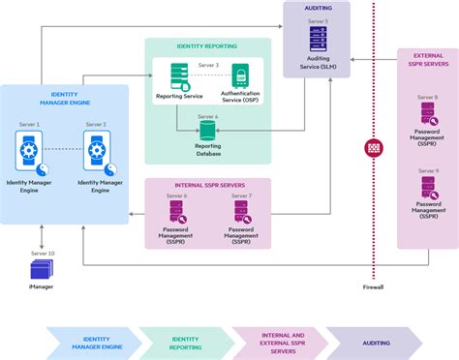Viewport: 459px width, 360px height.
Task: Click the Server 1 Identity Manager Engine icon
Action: [x=30, y=151]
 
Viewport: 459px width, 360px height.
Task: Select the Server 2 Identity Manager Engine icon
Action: [x=96, y=151]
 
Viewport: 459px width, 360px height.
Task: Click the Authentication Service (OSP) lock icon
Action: [x=240, y=76]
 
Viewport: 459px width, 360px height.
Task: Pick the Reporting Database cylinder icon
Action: [x=207, y=129]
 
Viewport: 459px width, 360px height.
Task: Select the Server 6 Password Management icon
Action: [x=177, y=213]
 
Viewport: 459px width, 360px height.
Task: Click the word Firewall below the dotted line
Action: [x=374, y=287]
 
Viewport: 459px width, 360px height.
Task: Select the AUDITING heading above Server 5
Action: [x=319, y=7]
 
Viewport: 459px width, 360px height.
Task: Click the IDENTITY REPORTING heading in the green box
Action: [x=208, y=45]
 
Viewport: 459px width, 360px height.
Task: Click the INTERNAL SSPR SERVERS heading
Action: [x=208, y=184]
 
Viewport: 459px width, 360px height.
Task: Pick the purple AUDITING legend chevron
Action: [x=374, y=343]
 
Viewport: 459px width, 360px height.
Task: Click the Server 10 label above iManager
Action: [x=43, y=253]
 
